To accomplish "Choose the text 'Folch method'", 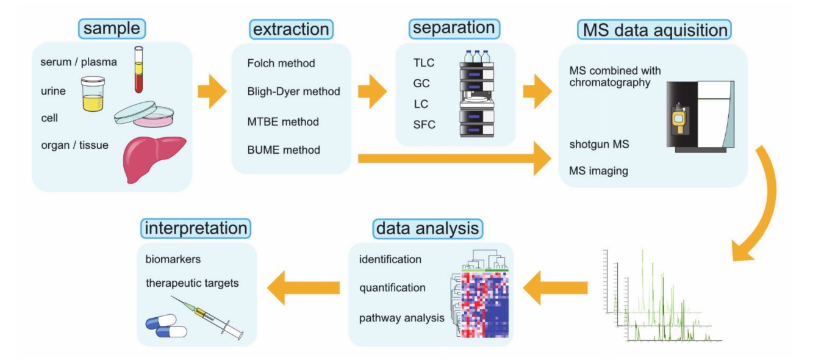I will point(281,63).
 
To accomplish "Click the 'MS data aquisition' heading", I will point(654,29).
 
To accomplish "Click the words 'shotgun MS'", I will point(599,145).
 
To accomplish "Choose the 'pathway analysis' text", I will point(401,318).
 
